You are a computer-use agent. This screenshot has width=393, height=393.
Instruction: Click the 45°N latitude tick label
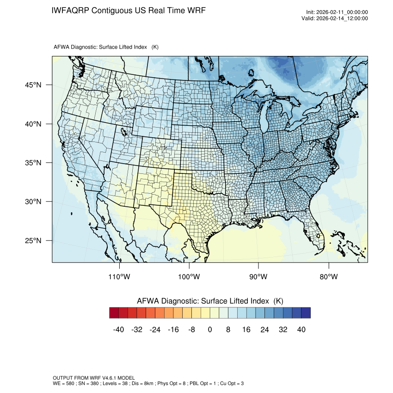tap(33, 85)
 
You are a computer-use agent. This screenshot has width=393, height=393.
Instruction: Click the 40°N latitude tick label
tap(33, 124)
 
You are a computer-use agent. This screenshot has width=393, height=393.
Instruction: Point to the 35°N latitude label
tap(33, 163)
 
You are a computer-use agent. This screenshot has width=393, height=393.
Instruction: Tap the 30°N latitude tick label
tap(33, 202)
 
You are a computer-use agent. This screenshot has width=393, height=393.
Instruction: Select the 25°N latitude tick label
tap(33, 240)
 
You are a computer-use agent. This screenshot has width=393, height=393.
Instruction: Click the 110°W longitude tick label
tap(120, 277)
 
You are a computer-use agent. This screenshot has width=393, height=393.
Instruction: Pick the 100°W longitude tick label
tap(189, 277)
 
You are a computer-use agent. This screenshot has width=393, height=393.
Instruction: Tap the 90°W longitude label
tap(258, 277)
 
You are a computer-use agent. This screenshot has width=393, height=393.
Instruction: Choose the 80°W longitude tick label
tap(328, 277)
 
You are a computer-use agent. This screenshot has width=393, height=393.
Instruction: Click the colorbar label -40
tap(119, 330)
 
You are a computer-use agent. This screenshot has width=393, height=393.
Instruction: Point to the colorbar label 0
tap(210, 330)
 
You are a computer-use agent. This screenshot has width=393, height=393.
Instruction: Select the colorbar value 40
tap(301, 330)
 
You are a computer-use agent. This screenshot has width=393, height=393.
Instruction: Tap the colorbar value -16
tap(173, 330)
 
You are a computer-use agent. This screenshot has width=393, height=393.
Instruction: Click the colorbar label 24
tap(264, 330)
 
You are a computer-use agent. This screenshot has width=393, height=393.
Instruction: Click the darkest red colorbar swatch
tap(114, 313)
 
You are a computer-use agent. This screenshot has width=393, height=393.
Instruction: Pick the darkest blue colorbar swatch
tap(306, 313)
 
